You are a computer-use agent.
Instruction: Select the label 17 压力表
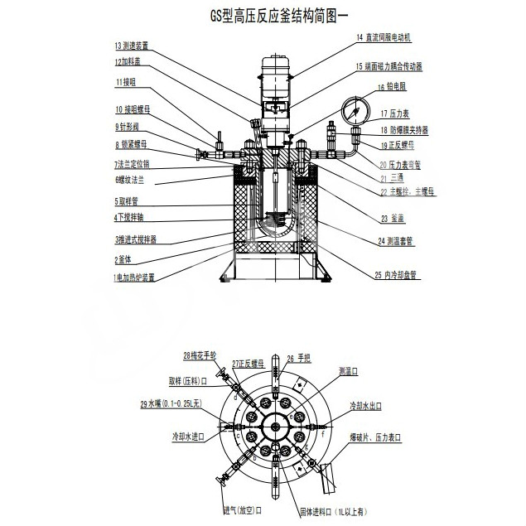coord(395,113)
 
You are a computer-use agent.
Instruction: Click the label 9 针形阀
coord(131,126)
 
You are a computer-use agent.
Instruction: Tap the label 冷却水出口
coord(365,407)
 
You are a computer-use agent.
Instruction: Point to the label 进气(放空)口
coord(242,509)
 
